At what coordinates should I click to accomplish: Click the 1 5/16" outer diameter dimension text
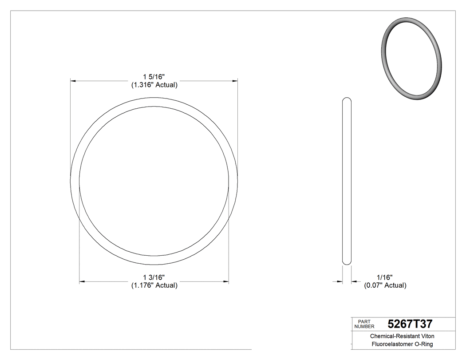(x=154, y=77)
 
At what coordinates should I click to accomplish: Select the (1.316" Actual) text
(x=154, y=85)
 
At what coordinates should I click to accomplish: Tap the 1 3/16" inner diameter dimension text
(x=154, y=277)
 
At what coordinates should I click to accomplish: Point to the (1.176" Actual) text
(x=154, y=285)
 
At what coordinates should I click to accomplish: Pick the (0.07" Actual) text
(x=385, y=285)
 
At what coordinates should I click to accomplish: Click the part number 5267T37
(x=410, y=324)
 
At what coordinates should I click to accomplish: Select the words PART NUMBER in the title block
(x=364, y=324)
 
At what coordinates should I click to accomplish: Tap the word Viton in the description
(x=427, y=336)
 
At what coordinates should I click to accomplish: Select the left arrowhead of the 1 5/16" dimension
(x=74, y=81)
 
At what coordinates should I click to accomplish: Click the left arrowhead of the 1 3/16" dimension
(x=82, y=281)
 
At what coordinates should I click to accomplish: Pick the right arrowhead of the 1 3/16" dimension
(x=226, y=281)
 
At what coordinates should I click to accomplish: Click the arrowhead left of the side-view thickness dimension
(x=340, y=281)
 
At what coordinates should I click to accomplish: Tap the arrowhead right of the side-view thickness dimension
(x=354, y=281)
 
